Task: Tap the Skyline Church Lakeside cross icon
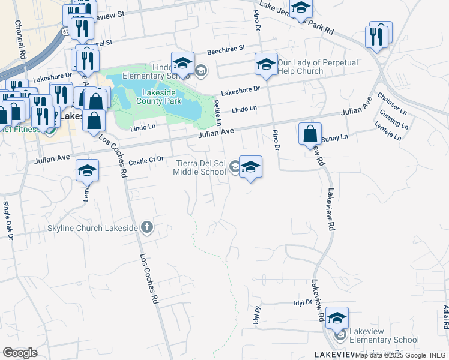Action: (146, 227)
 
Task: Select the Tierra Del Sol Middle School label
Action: (200, 167)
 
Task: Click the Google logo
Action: (20, 352)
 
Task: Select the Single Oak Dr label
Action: (8, 220)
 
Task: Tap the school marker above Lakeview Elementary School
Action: (337, 317)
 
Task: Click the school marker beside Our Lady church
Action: (265, 64)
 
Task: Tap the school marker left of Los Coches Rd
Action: (87, 171)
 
